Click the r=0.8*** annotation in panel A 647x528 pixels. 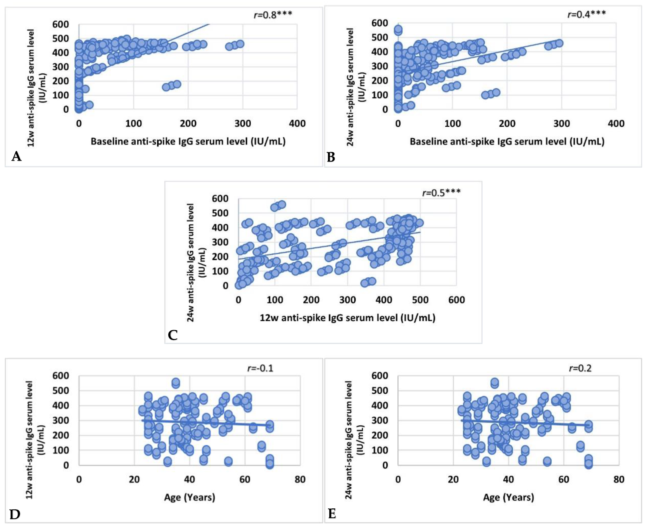273,15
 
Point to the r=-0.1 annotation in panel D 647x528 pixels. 260,368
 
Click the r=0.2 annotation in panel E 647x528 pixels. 580,368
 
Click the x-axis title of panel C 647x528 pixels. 347,318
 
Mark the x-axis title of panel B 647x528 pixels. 507,142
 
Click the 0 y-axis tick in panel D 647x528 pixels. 66,465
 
